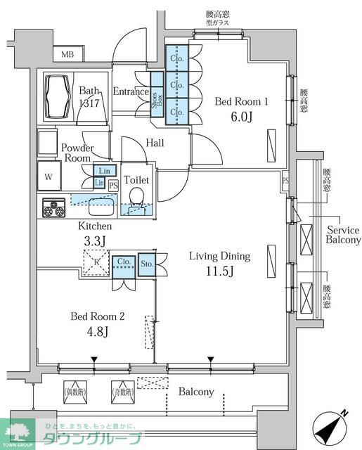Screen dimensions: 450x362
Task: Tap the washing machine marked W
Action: [49, 176]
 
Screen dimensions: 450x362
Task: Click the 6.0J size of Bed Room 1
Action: [241, 118]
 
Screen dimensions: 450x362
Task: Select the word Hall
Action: [155, 143]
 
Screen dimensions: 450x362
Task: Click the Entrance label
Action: [131, 91]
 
